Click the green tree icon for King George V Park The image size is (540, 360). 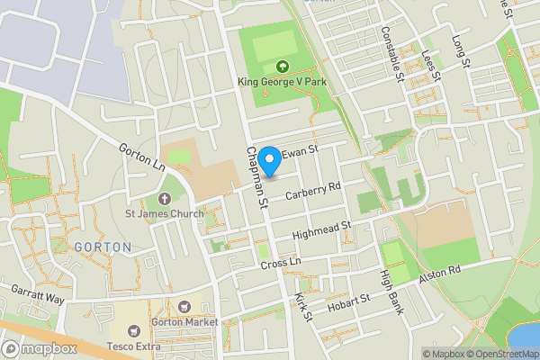point(283,66)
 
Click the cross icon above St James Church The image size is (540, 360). point(164,198)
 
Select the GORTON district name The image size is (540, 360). point(103,247)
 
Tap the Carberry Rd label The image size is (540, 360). point(311,190)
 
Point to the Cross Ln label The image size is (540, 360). point(280,264)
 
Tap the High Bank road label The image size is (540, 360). point(390,292)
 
